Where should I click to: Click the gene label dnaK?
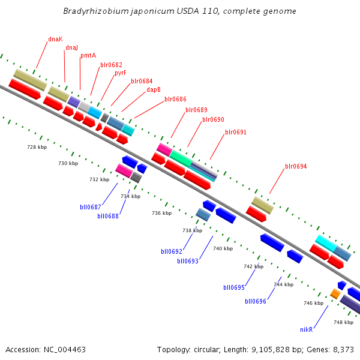pos(55,39)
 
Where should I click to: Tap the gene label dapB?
pos(154,90)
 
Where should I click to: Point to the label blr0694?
pos(296,166)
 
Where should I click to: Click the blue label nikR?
pos(307,329)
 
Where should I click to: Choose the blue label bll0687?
pos(90,207)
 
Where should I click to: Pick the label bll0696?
pos(255,301)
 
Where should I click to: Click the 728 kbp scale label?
pos(37,147)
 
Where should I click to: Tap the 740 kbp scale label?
pos(223,248)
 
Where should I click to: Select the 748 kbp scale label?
pos(343,322)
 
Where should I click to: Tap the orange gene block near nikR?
pos(335,293)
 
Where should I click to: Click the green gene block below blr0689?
pos(180,158)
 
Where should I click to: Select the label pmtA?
pos(88,56)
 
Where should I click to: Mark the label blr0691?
pos(236,132)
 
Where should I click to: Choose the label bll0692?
pos(171,251)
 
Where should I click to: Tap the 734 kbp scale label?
pos(130,196)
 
